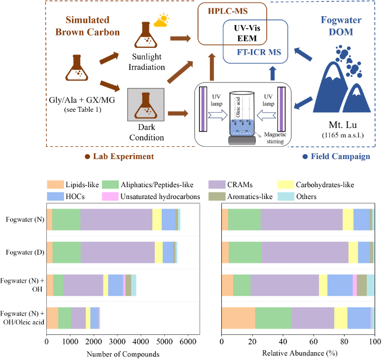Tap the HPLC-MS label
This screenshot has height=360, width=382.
[x=232, y=10]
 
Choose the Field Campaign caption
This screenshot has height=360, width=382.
[x=340, y=156]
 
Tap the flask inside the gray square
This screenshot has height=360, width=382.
[x=146, y=105]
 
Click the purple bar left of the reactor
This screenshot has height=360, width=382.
[x=203, y=109]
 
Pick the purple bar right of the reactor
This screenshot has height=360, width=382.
[x=281, y=109]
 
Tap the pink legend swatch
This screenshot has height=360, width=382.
[x=110, y=196]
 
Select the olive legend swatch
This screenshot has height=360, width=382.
[x=217, y=196]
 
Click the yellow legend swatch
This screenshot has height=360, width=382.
[x=286, y=185]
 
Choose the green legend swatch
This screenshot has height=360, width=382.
[x=110, y=185]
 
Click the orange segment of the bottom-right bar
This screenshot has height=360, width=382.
[x=238, y=318]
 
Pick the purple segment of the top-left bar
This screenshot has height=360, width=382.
[x=116, y=220]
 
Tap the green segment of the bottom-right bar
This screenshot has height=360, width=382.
[x=273, y=318]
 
